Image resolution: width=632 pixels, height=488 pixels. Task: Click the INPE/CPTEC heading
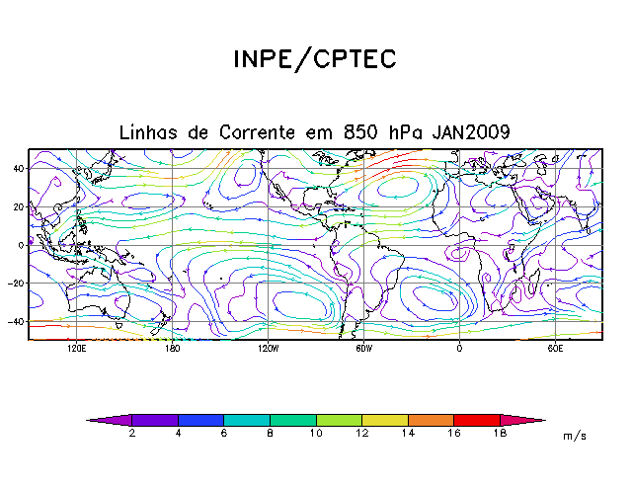coord(314,59)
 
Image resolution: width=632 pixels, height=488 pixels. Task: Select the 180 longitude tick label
coord(172,349)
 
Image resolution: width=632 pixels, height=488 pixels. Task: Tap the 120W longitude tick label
coord(268,349)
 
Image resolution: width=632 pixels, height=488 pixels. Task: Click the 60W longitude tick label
coord(363,349)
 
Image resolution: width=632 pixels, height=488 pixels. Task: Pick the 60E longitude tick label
coord(555,349)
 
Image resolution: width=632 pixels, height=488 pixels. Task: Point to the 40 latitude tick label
coord(18,168)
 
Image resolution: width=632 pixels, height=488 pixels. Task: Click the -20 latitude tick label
coord(15,284)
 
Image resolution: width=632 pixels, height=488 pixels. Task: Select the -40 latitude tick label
coord(15,322)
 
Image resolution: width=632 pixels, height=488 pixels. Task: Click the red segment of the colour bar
coord(477,420)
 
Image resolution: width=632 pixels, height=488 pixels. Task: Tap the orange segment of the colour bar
coord(431,420)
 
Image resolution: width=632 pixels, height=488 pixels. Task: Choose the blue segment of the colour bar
coord(200,420)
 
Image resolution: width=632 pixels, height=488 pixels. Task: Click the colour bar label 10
coord(315,434)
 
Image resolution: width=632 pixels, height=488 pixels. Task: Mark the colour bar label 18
coord(500,434)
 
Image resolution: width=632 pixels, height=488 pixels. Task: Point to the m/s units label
coord(574,436)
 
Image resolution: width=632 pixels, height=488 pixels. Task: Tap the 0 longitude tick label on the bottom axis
coord(459,349)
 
